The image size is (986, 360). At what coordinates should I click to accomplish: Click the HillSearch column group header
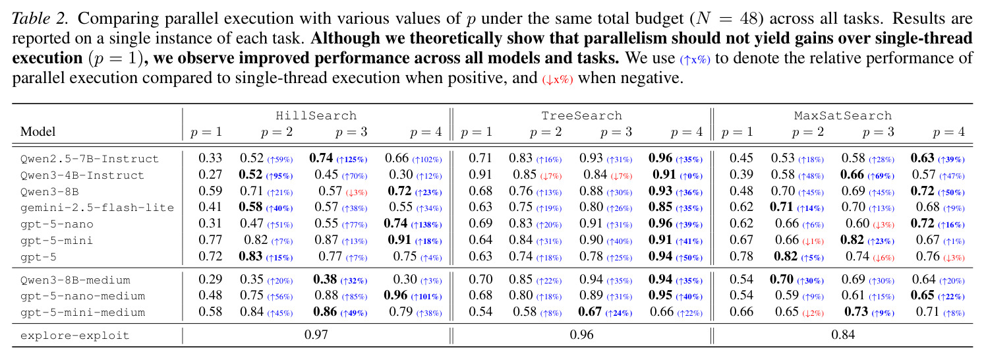pyautogui.click(x=316, y=116)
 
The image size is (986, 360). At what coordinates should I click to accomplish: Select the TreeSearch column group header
pyautogui.click(x=581, y=116)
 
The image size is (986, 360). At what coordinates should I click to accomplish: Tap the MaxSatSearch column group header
pyautogui.click(x=843, y=116)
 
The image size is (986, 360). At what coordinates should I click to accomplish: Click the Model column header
pyautogui.click(x=38, y=132)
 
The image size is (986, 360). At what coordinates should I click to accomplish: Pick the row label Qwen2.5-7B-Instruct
pyautogui.click(x=90, y=159)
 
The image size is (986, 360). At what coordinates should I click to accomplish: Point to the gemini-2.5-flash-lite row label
pyautogui.click(x=98, y=208)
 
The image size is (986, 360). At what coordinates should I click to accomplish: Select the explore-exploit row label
pyautogui.click(x=75, y=336)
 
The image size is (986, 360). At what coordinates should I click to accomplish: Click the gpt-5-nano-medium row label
pyautogui.click(x=83, y=296)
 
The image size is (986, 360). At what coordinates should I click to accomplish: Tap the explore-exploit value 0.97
pyautogui.click(x=316, y=335)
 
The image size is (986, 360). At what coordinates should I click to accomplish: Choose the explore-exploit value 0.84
pyautogui.click(x=843, y=335)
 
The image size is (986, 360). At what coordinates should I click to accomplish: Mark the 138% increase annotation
pyautogui.click(x=426, y=225)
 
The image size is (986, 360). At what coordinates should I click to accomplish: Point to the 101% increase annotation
pyautogui.click(x=426, y=297)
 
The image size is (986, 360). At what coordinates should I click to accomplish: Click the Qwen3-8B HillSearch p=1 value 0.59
pyautogui.click(x=210, y=191)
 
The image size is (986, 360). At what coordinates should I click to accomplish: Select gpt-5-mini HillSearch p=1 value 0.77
pyautogui.click(x=210, y=240)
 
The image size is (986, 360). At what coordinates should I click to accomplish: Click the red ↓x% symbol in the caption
pyautogui.click(x=558, y=80)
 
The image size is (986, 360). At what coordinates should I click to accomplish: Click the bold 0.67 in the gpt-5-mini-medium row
pyautogui.click(x=590, y=312)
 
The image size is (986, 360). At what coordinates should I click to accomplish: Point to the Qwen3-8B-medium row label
pyautogui.click(x=75, y=280)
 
